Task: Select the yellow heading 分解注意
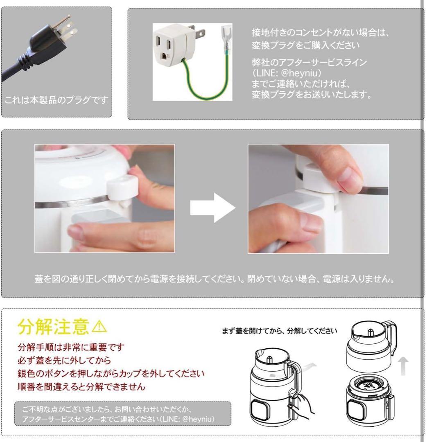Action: click(53, 327)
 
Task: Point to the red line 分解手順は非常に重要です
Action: click(71, 347)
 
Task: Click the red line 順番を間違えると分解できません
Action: click(81, 387)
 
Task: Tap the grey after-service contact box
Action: click(122, 414)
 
